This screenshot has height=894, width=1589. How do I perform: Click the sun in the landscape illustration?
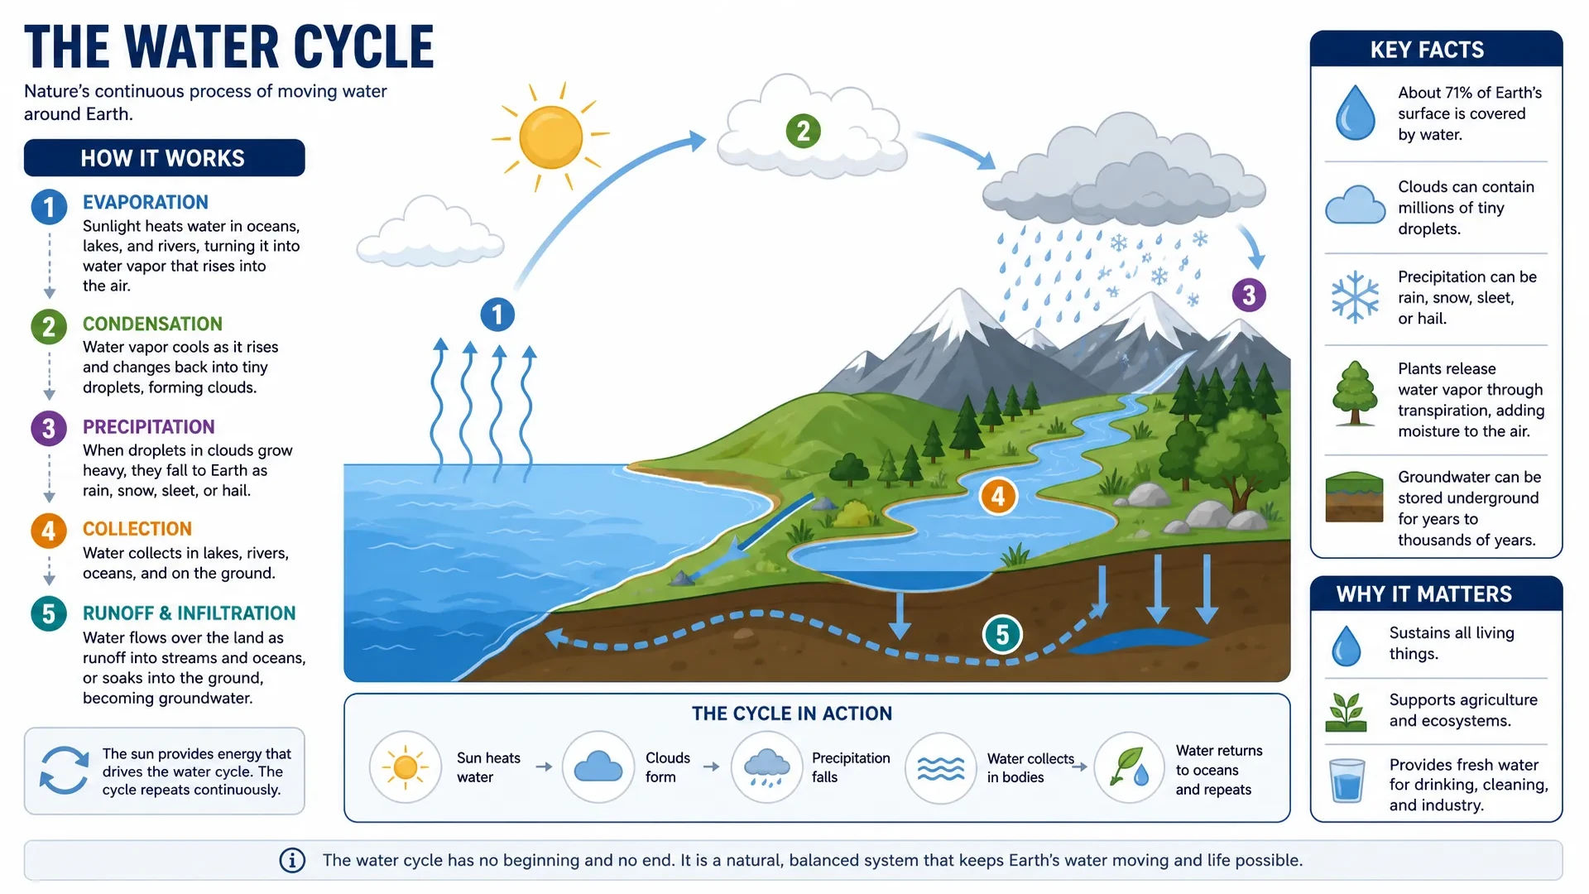[550, 137]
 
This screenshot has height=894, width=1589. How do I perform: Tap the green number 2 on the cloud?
[803, 131]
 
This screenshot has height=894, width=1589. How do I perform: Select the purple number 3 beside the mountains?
[1249, 295]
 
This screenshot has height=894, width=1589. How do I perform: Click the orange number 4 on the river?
[998, 496]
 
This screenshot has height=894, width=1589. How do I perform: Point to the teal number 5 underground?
[1002, 635]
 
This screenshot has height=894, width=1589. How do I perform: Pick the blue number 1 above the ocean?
[497, 315]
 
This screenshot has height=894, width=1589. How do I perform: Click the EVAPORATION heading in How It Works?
[146, 203]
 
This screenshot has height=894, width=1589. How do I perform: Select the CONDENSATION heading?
[152, 324]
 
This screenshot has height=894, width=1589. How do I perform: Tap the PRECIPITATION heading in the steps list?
[149, 427]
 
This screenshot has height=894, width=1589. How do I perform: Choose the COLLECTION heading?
[137, 529]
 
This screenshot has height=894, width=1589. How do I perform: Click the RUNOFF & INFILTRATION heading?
[190, 613]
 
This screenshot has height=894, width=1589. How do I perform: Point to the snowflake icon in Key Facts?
[1355, 296]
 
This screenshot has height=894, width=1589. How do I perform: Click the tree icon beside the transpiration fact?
[1355, 393]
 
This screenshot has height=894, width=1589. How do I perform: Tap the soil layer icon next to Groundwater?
[1354, 497]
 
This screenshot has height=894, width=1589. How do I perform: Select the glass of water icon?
[1347, 781]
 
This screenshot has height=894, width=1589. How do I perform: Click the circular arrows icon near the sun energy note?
[64, 771]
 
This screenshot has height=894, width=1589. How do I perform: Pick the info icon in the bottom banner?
[292, 861]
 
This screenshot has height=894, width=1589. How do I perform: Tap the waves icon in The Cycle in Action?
[941, 769]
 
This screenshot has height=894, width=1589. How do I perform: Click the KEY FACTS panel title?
[1428, 50]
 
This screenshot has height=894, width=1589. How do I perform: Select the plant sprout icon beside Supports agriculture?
[1346, 712]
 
